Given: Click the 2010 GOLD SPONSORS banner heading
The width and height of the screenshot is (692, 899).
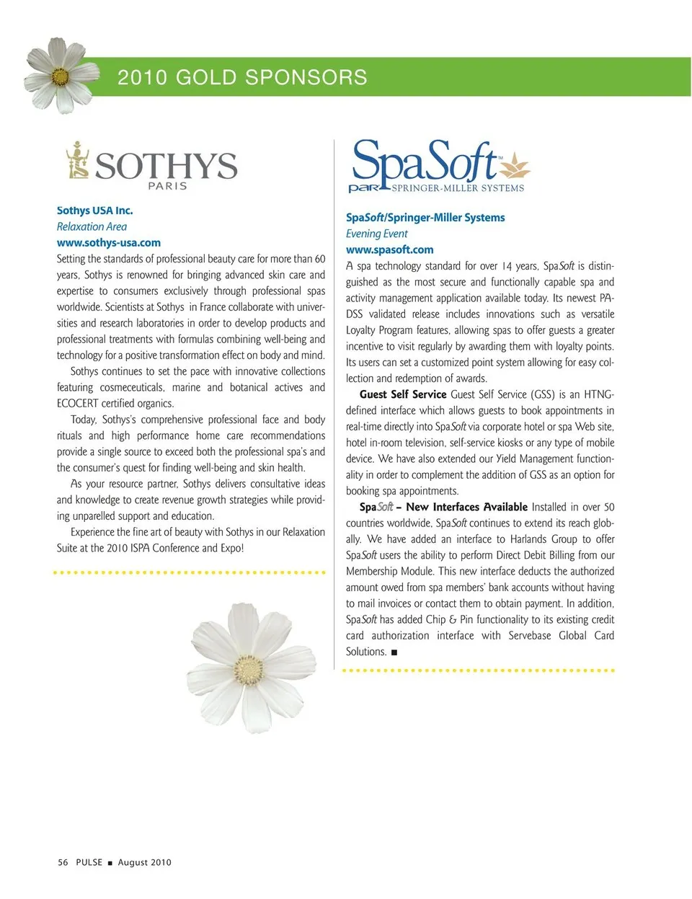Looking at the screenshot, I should (x=242, y=77).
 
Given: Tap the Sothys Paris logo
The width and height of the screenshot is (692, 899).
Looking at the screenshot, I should (x=152, y=165).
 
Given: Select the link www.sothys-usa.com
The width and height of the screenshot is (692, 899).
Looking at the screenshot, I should (x=109, y=243).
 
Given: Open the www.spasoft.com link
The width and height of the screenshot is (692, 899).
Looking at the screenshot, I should (x=390, y=249).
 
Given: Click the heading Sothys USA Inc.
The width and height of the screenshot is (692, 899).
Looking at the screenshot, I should (x=94, y=211).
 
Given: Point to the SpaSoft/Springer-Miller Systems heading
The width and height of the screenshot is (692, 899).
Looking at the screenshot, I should (x=425, y=217).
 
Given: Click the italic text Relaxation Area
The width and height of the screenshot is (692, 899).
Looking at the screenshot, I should (x=92, y=226).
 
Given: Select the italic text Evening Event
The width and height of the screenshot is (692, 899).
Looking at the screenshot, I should (x=376, y=234).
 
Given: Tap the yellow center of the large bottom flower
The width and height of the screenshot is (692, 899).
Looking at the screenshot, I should (x=249, y=669).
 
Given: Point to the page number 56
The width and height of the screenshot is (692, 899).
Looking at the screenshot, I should (x=63, y=862).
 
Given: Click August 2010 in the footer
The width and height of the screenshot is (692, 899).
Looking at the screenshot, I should (x=145, y=862).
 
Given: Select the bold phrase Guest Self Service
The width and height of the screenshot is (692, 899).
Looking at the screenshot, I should (x=402, y=394).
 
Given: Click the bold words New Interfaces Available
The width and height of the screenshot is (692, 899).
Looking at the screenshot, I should (x=466, y=507).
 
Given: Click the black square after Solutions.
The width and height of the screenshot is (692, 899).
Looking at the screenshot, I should (x=394, y=652).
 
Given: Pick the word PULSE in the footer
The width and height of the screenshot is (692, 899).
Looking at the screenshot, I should (x=89, y=862).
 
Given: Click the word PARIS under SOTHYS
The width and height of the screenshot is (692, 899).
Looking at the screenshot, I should (x=167, y=186).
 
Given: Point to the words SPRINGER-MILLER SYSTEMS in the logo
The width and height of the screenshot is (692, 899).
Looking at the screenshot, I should (x=458, y=188).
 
